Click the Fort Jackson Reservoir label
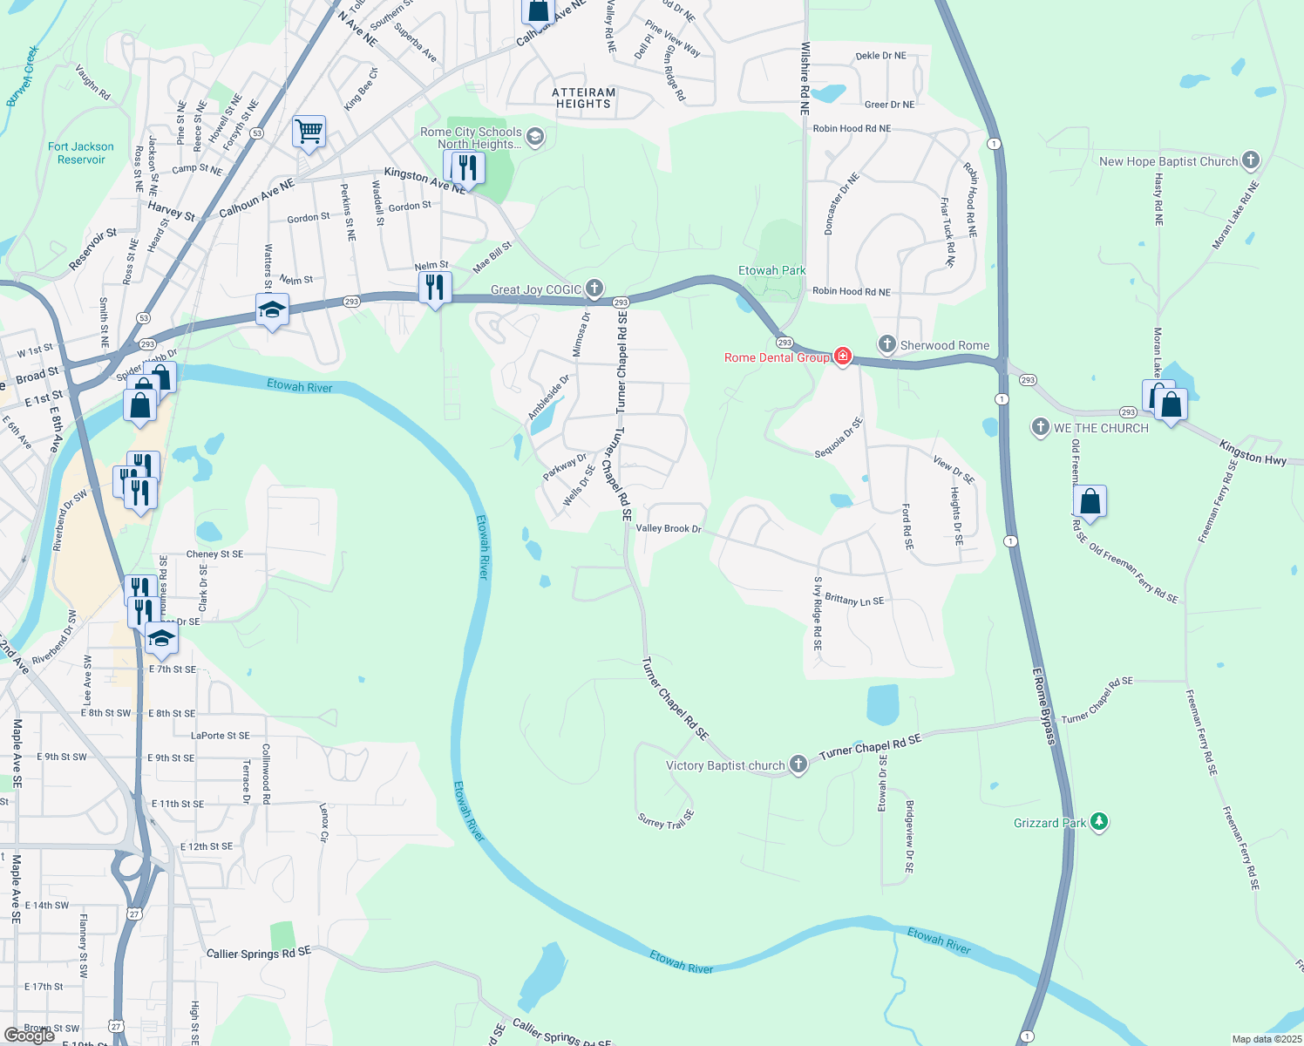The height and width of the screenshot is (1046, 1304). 81,153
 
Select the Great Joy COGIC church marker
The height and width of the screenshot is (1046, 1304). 594,288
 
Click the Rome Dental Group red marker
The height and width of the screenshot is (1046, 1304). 842,357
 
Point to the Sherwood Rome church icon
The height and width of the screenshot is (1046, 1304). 887,344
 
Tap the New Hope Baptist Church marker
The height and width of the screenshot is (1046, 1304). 1251,160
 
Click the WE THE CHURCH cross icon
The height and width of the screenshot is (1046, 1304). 1040,427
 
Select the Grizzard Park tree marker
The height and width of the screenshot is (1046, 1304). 1099,822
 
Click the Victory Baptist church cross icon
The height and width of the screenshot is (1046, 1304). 798,764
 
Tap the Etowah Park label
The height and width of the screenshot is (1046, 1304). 771,270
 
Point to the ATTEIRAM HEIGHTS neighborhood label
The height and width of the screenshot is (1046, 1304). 584,98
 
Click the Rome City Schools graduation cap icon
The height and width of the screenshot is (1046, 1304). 535,137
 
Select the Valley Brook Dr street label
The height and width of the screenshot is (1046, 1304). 669,528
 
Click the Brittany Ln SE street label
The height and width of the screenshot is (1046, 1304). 854,600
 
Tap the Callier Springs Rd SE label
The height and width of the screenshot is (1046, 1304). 258,953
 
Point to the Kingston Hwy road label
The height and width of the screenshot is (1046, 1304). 1253,452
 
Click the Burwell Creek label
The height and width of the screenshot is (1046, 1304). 23,76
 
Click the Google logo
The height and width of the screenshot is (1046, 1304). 29,1035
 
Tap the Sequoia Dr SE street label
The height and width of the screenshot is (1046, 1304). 839,437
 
